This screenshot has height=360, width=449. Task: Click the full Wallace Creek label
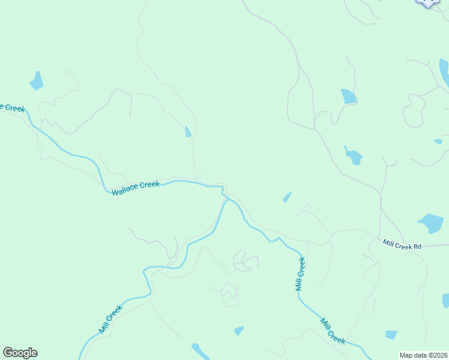coord(136,188)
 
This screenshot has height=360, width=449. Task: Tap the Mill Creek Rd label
coord(403,245)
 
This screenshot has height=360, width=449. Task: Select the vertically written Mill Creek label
coord(301,274)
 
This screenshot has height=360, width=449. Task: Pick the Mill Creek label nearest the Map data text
coord(333,331)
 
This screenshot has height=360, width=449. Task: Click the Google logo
coord(20,353)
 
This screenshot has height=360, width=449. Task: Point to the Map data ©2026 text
coord(424,355)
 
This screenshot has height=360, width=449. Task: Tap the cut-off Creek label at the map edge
coord(12,107)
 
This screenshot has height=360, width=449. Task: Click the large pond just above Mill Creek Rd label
coord(431,223)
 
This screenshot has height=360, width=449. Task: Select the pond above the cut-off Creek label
coord(37,80)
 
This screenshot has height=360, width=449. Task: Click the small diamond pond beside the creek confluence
coord(287,197)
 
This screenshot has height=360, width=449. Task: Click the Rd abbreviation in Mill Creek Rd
coord(417,245)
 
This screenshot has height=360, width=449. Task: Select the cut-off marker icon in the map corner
coord(427,2)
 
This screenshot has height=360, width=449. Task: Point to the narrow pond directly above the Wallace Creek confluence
coord(188,132)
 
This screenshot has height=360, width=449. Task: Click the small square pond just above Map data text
coord(391,335)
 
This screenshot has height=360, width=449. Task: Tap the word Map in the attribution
coord(407,355)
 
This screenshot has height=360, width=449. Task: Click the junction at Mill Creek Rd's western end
coord(380,238)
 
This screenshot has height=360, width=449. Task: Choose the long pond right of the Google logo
coord(199,350)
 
